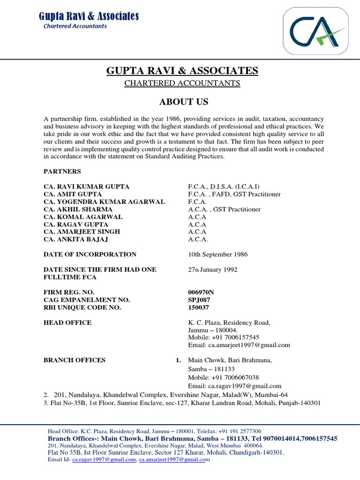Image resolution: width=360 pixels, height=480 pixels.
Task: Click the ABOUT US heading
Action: pos(182,102)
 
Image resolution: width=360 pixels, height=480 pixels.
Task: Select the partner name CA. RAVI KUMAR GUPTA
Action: pos(86,187)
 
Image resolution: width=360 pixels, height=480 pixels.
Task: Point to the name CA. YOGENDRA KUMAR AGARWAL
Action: pos(104,202)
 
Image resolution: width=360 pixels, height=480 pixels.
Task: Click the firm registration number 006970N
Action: pos(202,292)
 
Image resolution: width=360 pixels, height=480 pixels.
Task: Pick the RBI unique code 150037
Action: pos(198,307)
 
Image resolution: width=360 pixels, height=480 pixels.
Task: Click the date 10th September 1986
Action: pos(218,255)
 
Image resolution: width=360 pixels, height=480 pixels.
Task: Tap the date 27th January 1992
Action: pos(213,270)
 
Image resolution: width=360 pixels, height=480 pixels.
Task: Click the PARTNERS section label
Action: pos(62,172)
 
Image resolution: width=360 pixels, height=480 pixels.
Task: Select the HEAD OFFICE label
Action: pos(67,322)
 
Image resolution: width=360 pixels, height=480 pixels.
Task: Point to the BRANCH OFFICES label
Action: pos(75,360)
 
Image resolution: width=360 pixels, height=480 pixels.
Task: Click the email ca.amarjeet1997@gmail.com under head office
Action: pos(239,345)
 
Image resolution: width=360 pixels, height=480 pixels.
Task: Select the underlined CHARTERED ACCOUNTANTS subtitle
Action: pos(182,83)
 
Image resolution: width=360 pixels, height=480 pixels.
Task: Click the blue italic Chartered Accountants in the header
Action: pos(75,26)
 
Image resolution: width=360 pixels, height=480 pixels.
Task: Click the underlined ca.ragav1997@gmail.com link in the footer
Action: pos(104,460)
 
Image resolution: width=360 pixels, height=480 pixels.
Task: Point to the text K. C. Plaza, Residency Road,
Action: pos(229,322)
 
